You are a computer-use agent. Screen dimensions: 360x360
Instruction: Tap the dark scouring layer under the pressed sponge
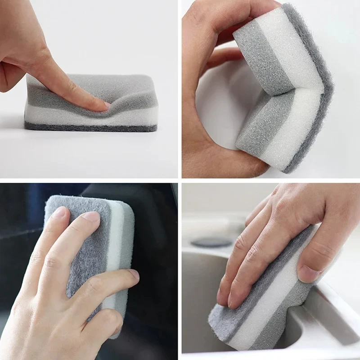[90, 127]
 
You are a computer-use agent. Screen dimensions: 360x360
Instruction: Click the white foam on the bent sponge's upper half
[292, 49]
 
